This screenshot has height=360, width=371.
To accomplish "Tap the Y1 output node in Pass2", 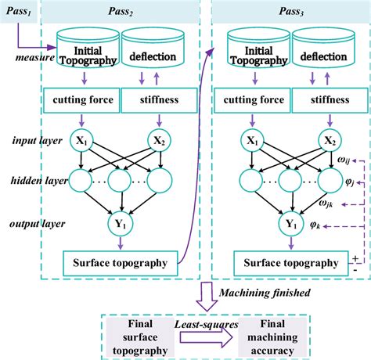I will tap(117, 221).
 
